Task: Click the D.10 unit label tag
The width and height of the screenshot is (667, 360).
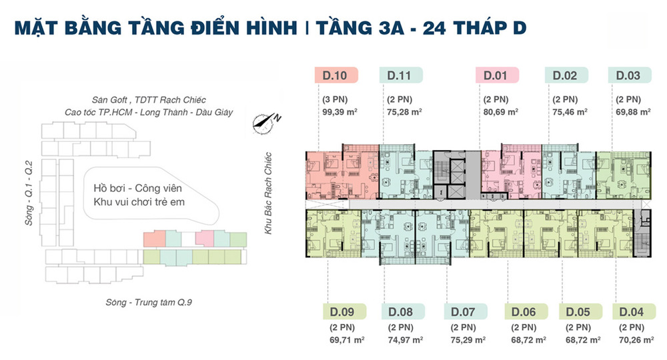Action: point(336,75)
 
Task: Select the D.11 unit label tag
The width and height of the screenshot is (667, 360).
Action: point(401,75)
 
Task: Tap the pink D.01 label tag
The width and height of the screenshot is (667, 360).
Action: point(497,75)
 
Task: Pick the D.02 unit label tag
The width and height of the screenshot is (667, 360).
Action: point(566,75)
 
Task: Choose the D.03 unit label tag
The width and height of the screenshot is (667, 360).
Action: point(630,75)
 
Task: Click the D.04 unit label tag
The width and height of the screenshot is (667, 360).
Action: point(634,311)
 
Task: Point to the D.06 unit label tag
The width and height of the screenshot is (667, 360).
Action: point(526,311)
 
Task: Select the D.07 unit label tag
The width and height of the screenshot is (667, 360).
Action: point(466,311)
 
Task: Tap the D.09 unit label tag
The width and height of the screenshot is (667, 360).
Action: point(345,311)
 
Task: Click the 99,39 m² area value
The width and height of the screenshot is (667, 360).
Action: point(340,112)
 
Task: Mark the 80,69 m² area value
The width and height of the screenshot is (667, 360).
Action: point(501,112)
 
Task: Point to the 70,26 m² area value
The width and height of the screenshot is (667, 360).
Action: point(636,340)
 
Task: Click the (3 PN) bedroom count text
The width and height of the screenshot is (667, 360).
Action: point(335,99)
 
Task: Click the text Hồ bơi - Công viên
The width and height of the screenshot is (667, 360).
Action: point(137,188)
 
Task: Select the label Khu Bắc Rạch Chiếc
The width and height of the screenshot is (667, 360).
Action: point(268,193)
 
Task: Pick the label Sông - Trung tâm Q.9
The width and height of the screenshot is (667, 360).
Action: point(149,302)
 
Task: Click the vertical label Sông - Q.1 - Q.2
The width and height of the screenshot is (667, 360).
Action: point(29,193)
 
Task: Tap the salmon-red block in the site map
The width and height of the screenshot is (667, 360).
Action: point(154,239)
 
